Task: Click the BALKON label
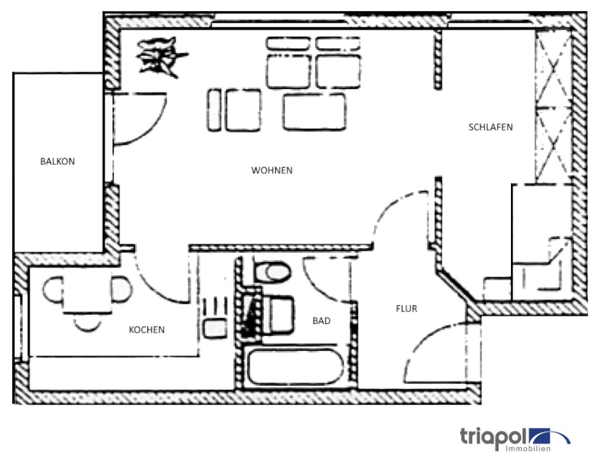[57, 161]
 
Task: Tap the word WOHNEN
[272, 170]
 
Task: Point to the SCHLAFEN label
[491, 127]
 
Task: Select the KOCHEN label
[147, 330]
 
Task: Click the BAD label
[322, 321]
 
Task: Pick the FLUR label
[406, 308]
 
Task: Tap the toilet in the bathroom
[272, 272]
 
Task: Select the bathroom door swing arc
[316, 283]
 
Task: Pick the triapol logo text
[493, 437]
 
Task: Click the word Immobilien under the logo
[528, 449]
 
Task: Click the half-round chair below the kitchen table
[88, 325]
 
